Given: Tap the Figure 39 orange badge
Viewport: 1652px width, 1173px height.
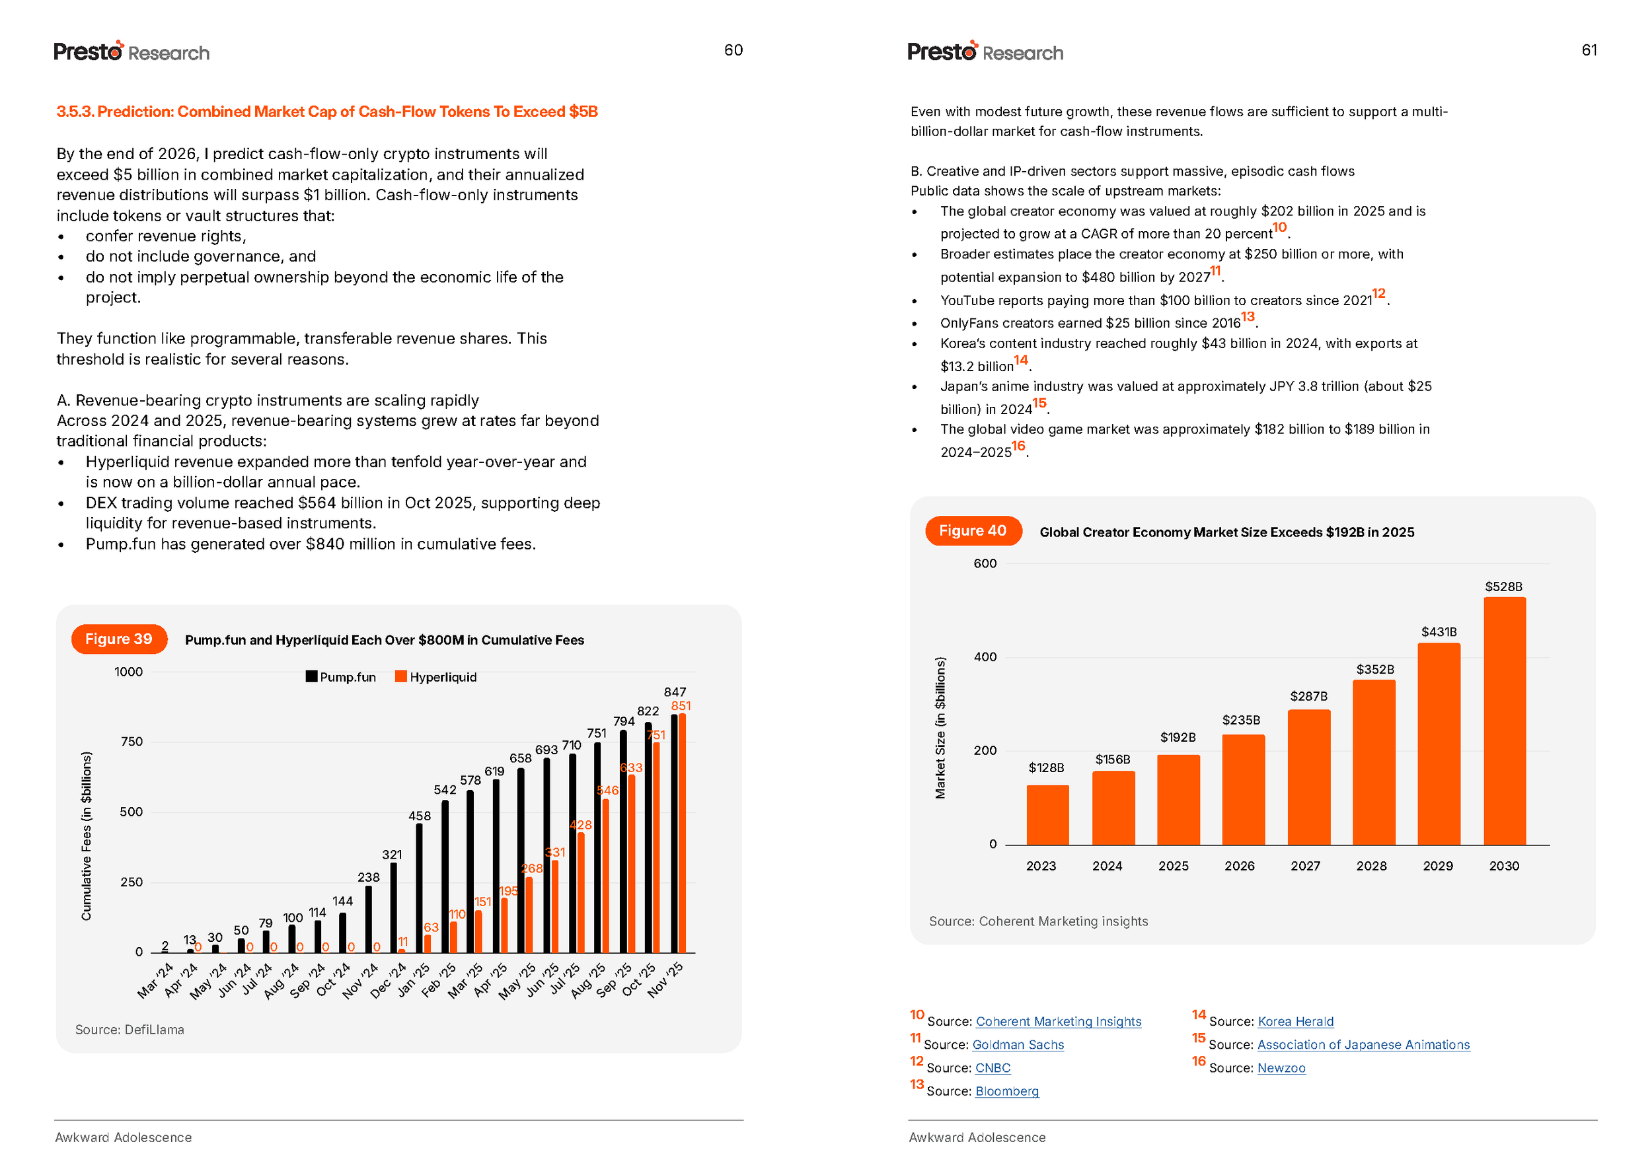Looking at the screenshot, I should pos(119,639).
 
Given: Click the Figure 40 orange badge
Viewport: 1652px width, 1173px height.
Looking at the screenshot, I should pos(973,531).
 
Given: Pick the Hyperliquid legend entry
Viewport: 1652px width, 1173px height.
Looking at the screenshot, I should pos(435,677).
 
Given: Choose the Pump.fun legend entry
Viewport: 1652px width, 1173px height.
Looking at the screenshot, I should pos(340,677).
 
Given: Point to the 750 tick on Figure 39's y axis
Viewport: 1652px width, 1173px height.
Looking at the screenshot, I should pos(131,742).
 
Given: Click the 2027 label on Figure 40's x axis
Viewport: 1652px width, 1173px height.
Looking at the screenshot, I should pos(1305,866).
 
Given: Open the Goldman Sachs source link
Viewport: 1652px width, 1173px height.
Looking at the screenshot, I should pos(1018,1045).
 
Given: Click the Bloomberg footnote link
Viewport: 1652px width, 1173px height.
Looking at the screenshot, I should pos(1006,1091).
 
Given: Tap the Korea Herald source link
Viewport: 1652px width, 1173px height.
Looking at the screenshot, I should pos(1295,1022).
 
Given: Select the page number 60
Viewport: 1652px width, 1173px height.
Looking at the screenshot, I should pos(733,50).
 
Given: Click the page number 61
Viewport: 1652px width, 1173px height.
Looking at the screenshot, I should pos(1589,50).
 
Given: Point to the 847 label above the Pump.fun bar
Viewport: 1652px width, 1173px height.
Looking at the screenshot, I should pos(674,692).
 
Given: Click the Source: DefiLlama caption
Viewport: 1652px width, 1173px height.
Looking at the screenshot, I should pos(130,1030).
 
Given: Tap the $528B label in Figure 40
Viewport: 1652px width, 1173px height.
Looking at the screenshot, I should pos(1503,586).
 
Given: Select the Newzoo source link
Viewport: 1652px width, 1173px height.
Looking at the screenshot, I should pos(1281,1068).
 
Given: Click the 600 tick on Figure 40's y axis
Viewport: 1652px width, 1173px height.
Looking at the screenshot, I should pos(985,563).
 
